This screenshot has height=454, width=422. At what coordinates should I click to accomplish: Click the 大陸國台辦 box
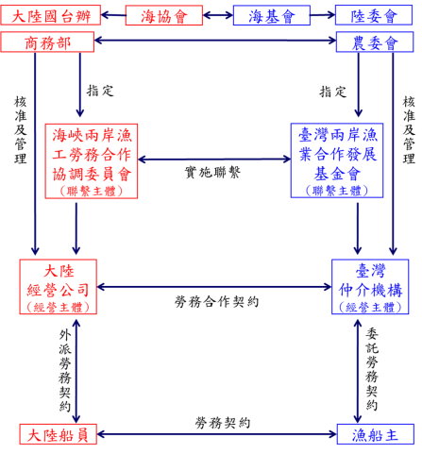pyautogui.click(x=49, y=16)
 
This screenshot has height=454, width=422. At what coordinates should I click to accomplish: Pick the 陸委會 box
pyautogui.click(x=374, y=16)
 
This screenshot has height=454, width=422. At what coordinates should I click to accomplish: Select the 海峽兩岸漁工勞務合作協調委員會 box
pyautogui.click(x=92, y=160)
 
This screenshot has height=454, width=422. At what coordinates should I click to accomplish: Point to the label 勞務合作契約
pyautogui.click(x=216, y=303)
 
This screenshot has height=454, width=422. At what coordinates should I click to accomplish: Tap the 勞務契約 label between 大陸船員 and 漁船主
pyautogui.click(x=216, y=420)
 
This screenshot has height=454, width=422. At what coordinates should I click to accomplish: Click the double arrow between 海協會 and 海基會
pyautogui.click(x=217, y=16)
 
